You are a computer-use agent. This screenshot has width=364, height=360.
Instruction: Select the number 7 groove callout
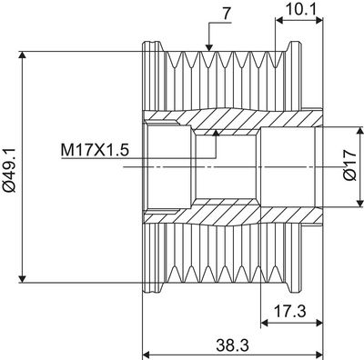point(227,15)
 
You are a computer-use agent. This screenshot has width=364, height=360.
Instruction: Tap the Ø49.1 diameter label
point(10,170)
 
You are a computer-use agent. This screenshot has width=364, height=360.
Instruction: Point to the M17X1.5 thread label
point(95,150)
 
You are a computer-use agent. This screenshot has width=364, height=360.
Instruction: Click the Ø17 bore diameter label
point(350,165)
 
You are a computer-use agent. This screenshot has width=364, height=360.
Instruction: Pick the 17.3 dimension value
point(289,311)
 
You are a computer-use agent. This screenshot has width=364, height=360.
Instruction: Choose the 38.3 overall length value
point(233,345)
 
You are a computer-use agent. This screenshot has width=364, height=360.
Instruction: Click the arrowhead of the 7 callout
point(208,47)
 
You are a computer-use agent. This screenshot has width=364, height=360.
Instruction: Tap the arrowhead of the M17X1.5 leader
point(216,133)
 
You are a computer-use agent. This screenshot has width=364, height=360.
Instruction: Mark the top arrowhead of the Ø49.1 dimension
point(22,55)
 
